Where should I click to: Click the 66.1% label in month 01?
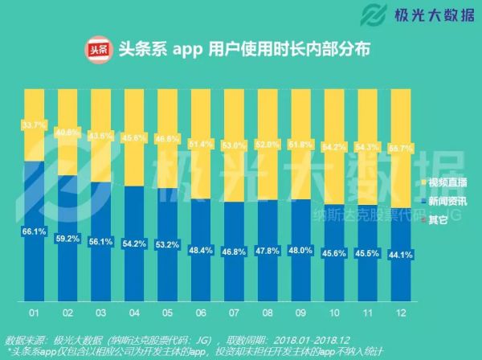click(33, 231)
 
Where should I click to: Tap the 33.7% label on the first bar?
click(33, 125)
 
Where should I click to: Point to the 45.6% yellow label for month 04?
click(137, 137)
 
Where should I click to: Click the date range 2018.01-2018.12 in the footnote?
click(300, 338)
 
